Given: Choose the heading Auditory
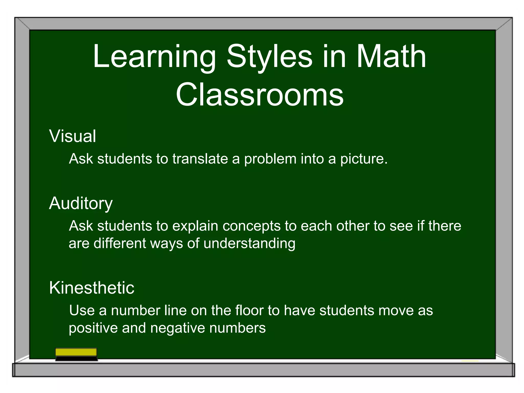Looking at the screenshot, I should (81, 204).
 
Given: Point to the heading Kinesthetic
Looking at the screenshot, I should (92, 288).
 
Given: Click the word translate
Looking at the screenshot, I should (200, 159).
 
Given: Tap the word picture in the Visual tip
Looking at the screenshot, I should (364, 159).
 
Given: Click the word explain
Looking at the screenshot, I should (195, 226).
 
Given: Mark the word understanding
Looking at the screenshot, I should (249, 244).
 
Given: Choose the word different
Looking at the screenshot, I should (120, 243).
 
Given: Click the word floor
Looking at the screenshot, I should (249, 310).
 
